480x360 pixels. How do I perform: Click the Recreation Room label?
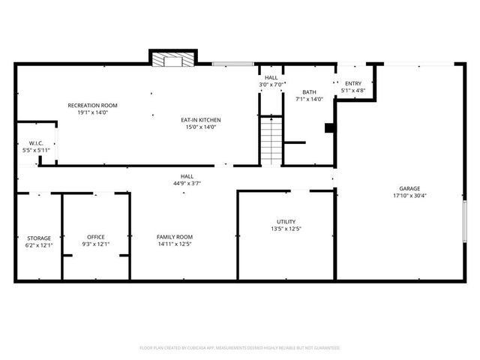coord(92,105)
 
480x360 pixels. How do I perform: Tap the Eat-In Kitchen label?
coord(200,119)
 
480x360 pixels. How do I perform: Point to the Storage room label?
coord(39,237)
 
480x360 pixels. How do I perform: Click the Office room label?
coord(95,237)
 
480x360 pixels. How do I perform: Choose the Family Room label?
coord(175,237)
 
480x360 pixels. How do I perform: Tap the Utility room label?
coord(286,221)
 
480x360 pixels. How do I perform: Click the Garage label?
coord(409,188)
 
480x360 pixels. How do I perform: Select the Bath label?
coord(309,91)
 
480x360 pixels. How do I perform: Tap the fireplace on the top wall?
coord(173,59)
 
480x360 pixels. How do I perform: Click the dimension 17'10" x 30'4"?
coord(409,196)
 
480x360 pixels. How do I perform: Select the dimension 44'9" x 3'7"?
coord(187,183)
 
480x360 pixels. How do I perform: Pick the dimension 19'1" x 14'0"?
coord(92,112)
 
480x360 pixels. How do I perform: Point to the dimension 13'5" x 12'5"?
coord(286,229)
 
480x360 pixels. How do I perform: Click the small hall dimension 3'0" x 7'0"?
coord(271,85)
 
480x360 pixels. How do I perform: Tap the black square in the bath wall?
coord(328,128)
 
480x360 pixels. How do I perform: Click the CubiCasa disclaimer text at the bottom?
coord(240,348)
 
